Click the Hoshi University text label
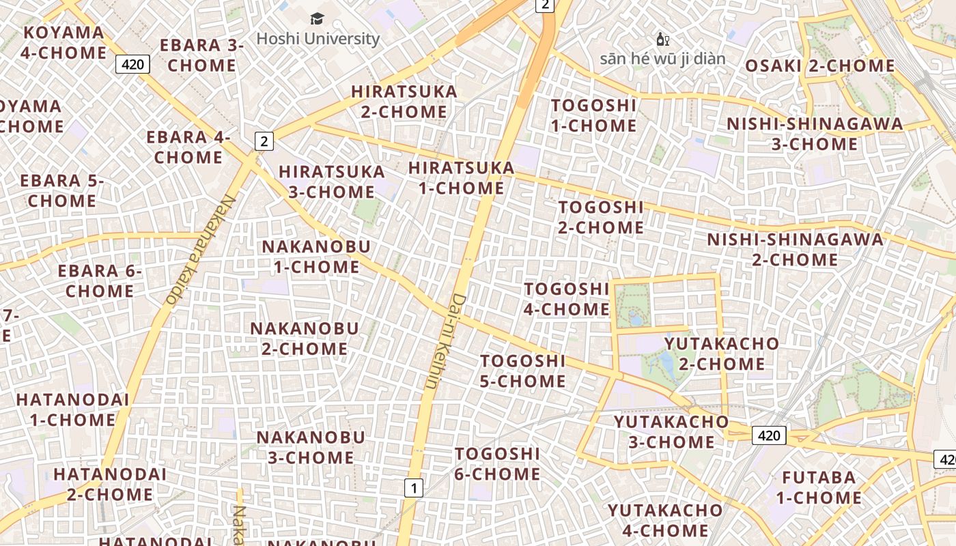[318, 39]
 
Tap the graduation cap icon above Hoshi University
[318, 18]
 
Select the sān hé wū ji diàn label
[662, 59]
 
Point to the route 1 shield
[413, 488]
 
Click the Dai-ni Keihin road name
[445, 341]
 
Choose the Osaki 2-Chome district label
[819, 66]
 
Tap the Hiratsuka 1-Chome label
[461, 177]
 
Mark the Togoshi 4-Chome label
[566, 299]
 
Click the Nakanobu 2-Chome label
[304, 339]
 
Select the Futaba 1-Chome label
[819, 487]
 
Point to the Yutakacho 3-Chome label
[671, 432]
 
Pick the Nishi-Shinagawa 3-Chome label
[815, 134]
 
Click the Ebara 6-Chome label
[100, 281]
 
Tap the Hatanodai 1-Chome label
[72, 409]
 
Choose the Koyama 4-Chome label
[64, 42]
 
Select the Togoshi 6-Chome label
[497, 463]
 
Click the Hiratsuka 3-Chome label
[332, 182]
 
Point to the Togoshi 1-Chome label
[593, 115]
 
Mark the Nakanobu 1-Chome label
[316, 257]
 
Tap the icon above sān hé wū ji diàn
[662, 40]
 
